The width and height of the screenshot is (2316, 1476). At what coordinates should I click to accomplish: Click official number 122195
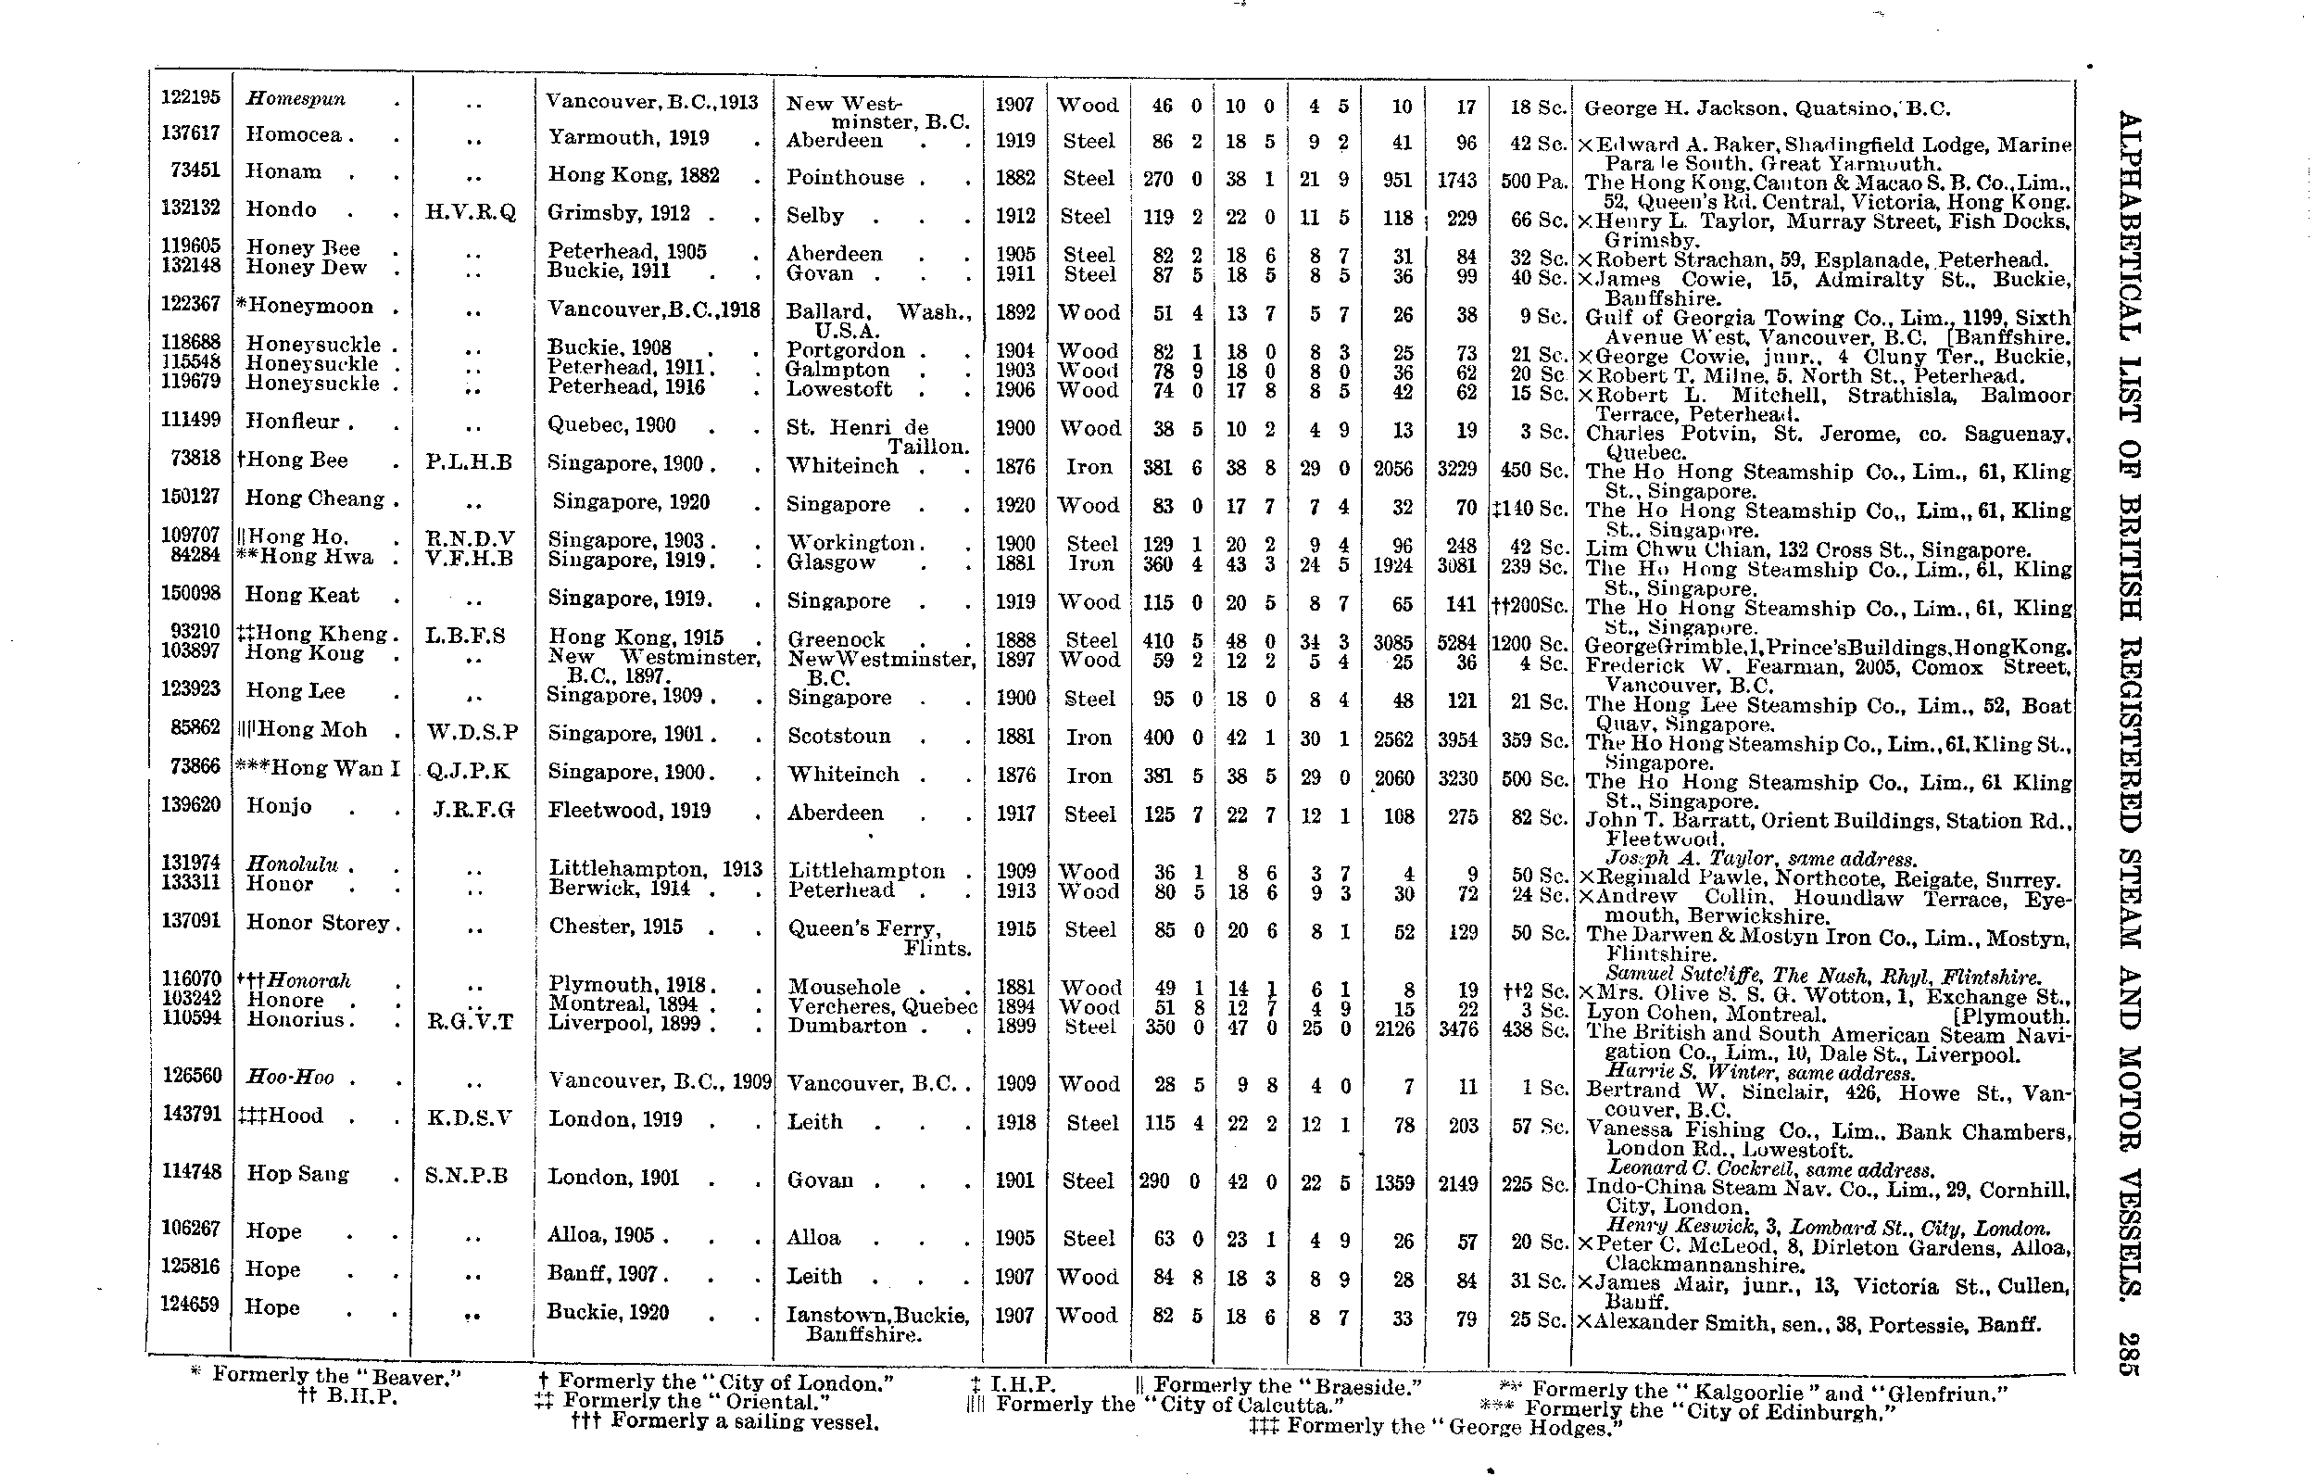coord(191,97)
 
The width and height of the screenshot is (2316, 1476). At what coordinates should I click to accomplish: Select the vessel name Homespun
coord(296,98)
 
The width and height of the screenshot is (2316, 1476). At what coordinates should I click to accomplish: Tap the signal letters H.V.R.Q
coord(471,213)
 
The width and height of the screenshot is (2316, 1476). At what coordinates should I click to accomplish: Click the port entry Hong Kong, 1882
coord(633,175)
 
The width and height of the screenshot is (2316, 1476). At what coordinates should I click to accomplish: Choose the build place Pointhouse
coord(845,178)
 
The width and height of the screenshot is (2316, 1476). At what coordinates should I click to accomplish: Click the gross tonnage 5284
coord(1456,642)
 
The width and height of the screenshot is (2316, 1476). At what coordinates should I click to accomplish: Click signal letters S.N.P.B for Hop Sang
coord(467,1176)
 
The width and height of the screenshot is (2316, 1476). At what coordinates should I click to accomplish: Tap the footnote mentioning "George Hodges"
coord(1436,1428)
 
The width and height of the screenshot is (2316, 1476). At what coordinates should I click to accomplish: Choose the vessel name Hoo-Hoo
coord(289,1078)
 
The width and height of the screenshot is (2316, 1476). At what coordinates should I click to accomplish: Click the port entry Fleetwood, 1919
coord(629,811)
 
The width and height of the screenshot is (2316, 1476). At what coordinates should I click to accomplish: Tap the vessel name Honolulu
coord(294,864)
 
